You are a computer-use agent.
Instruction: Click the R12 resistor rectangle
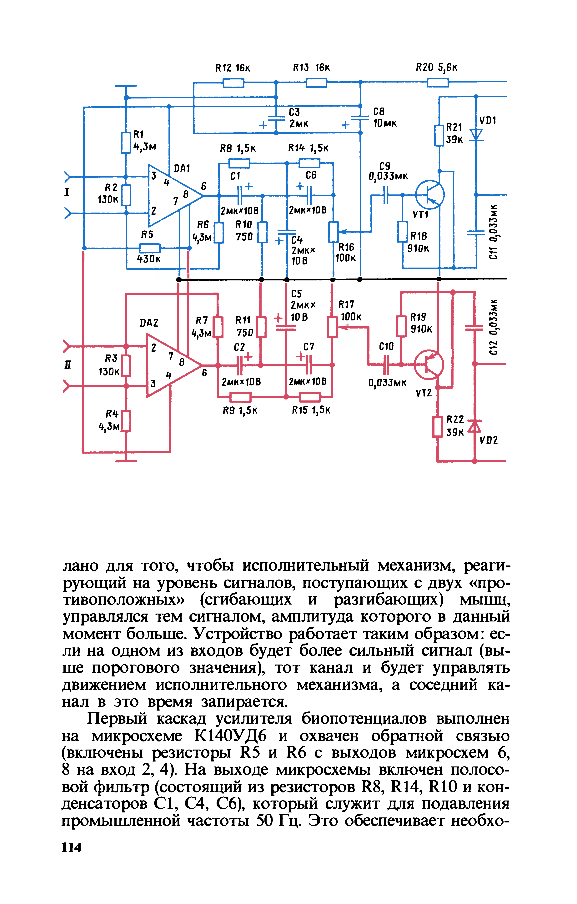coord(233,83)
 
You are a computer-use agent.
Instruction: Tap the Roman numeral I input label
coord(67,192)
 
